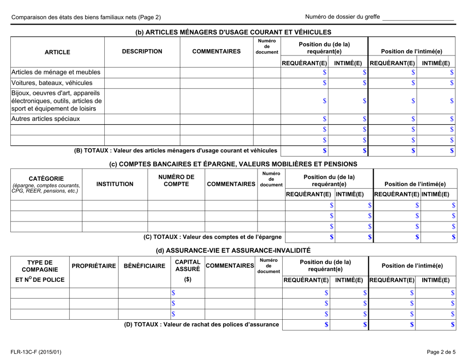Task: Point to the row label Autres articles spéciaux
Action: click(x=45, y=119)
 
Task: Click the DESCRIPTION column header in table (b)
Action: click(x=142, y=51)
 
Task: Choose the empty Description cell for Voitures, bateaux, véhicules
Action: click(x=142, y=83)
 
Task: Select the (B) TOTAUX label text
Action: click(x=175, y=150)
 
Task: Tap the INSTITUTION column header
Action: click(x=115, y=184)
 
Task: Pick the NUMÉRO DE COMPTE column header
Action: click(x=176, y=180)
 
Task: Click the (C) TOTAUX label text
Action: click(x=212, y=237)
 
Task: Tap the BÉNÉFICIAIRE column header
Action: click(x=144, y=266)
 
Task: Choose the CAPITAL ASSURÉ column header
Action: click(x=187, y=266)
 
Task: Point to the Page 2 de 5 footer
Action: click(x=440, y=352)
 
